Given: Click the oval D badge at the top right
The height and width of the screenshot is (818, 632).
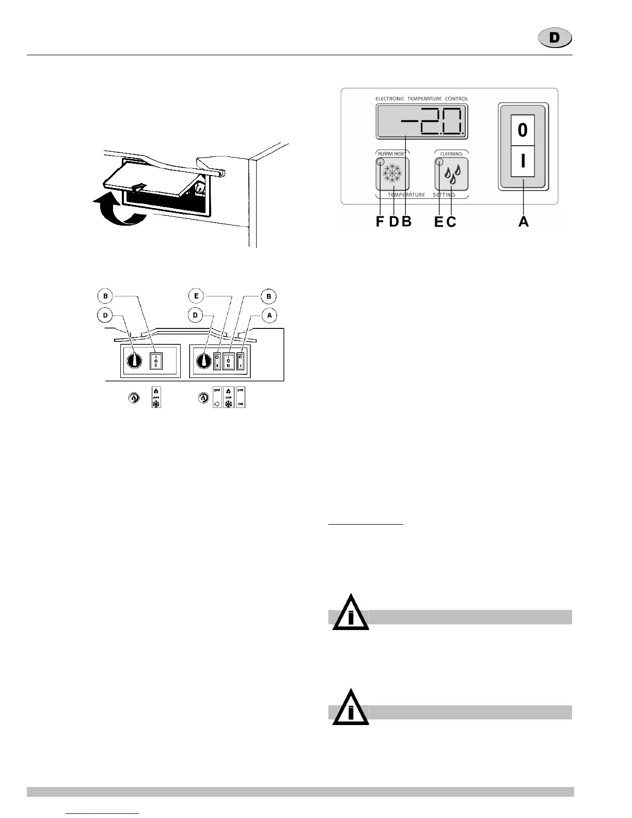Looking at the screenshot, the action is point(555,38).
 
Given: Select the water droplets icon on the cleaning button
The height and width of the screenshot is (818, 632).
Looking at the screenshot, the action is point(453,174).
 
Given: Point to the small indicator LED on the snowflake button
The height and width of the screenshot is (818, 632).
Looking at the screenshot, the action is point(381,162).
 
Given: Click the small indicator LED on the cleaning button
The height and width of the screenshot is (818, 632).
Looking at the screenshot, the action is point(440,162).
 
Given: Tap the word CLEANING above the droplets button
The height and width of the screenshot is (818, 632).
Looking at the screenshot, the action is point(451,153).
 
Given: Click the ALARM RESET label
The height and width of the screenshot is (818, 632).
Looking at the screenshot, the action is point(391,153).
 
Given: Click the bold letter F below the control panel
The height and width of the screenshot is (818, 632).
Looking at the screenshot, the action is point(380,222).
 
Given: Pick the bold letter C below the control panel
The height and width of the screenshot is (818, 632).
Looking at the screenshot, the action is point(451,222).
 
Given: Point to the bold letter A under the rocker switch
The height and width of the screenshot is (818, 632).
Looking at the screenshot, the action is point(524,222).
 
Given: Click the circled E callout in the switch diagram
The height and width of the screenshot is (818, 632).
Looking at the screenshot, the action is point(196,296).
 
